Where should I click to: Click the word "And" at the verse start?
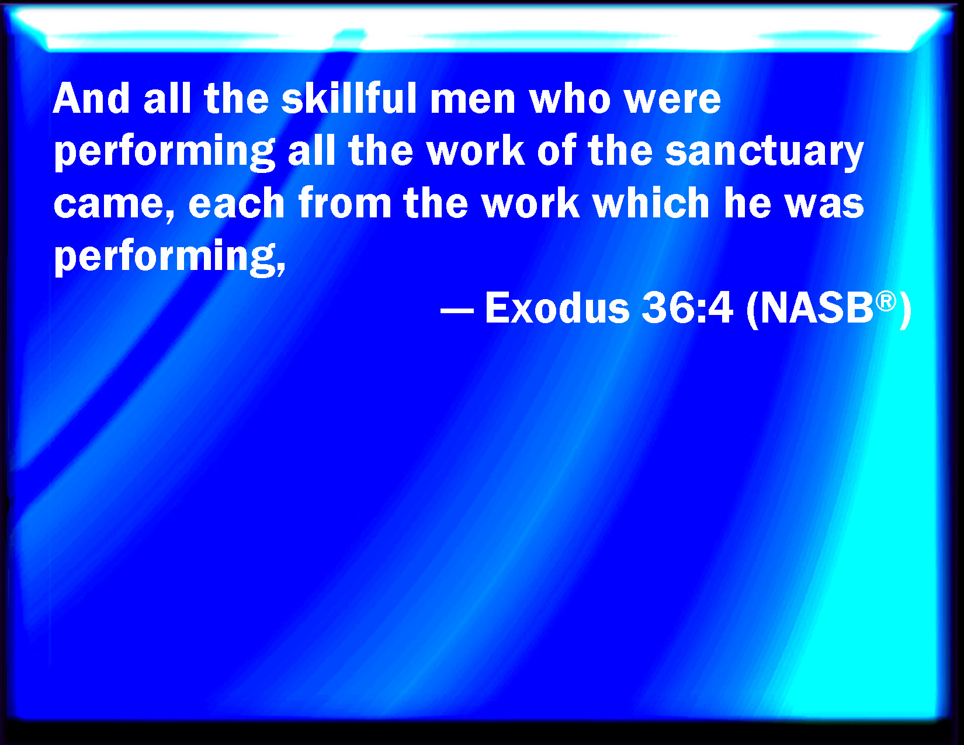(92, 98)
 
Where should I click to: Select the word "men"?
(473, 102)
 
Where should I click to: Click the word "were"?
(672, 102)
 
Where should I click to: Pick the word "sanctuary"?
(764, 153)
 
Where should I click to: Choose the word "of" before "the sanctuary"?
(557, 150)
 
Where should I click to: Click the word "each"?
(237, 202)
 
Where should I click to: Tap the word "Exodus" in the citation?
(557, 307)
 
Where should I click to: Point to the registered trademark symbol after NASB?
(886, 302)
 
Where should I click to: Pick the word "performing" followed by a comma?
(169, 257)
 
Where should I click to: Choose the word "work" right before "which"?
(531, 202)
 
